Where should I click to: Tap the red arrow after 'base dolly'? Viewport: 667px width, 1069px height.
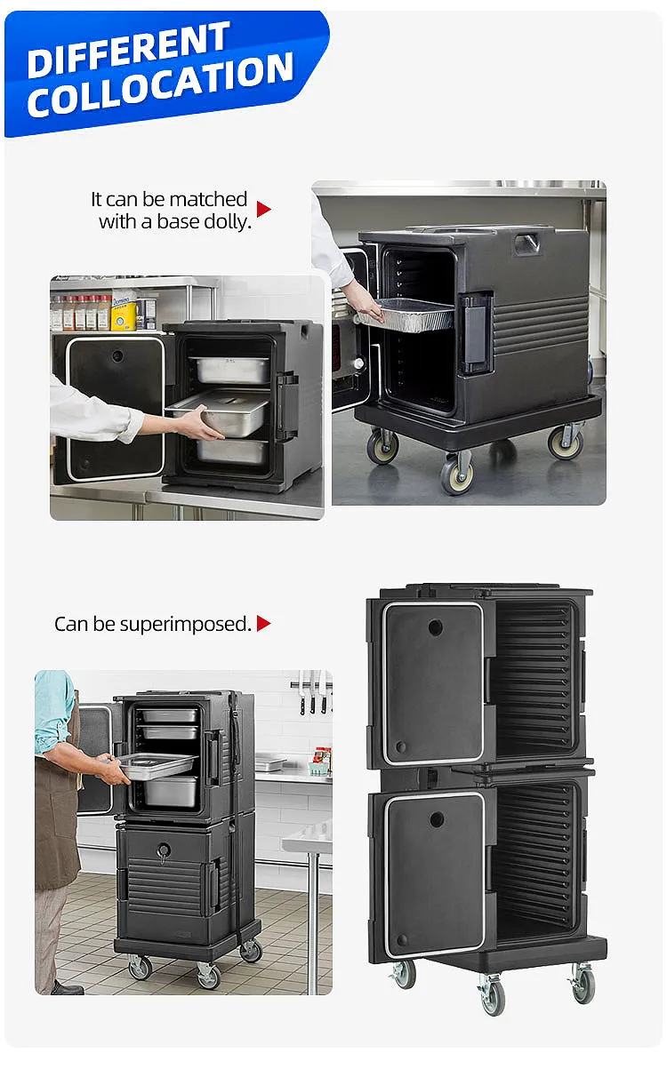[263, 209]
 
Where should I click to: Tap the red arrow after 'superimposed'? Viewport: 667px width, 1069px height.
[263, 624]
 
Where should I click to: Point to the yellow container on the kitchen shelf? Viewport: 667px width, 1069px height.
[124, 314]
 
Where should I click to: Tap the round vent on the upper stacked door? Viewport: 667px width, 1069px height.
[435, 627]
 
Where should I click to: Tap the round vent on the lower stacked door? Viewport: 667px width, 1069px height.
[436, 818]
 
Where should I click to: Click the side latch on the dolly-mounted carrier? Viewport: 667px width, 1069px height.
[476, 333]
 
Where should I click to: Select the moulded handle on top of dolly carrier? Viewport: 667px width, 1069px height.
[527, 243]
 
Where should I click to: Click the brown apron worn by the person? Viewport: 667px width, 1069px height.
[56, 818]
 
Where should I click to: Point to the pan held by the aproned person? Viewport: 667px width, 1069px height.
[157, 764]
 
